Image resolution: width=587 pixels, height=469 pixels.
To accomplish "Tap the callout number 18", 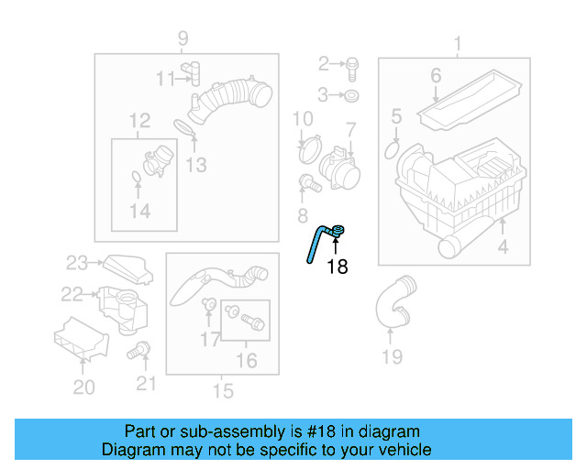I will tap(338, 267).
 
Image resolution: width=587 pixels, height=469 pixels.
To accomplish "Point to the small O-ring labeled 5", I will tap(393, 148).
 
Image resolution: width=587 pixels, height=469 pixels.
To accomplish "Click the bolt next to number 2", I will tap(351, 64).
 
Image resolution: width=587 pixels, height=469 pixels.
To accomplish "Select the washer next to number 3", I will tap(352, 94).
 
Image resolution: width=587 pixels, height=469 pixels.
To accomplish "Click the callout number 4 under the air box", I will tap(503, 247).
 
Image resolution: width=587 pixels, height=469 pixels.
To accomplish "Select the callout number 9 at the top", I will tap(183, 38).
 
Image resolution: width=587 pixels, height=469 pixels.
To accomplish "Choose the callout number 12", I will tap(139, 121).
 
